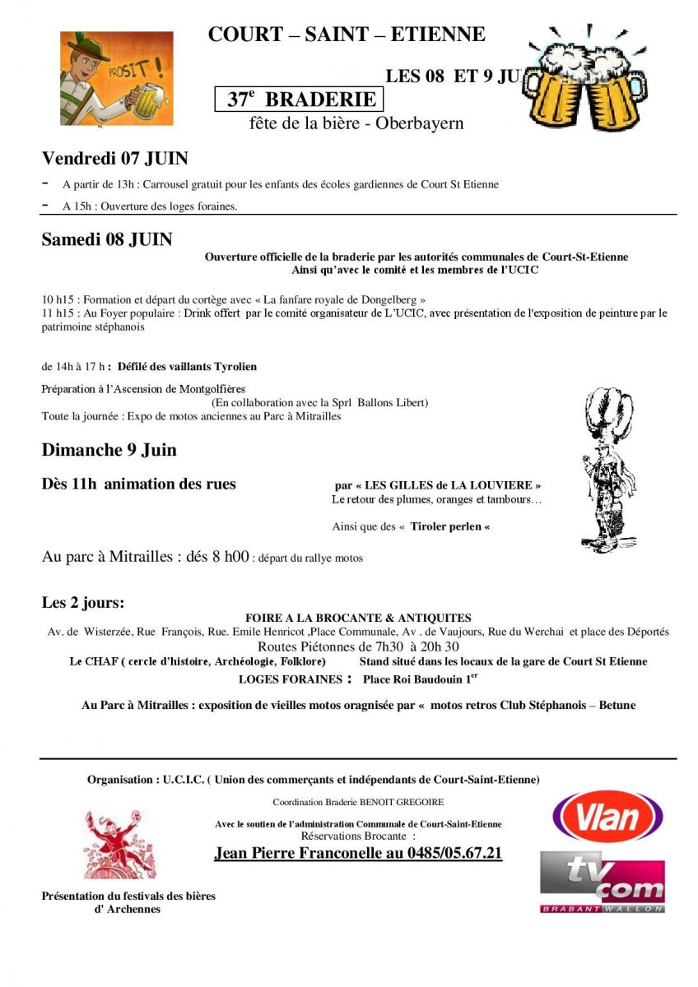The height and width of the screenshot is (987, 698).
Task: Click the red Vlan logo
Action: (607, 817)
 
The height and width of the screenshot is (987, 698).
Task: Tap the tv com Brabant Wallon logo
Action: (603, 882)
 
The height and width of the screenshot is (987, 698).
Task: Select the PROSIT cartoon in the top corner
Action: (117, 78)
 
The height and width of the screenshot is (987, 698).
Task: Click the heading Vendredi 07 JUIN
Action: (114, 158)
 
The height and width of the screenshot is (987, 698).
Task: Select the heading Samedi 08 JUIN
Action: (107, 239)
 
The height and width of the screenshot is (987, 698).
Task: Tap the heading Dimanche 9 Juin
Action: (109, 450)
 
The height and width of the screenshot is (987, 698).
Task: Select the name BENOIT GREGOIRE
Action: (403, 802)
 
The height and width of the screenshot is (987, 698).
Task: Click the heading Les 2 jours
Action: (83, 603)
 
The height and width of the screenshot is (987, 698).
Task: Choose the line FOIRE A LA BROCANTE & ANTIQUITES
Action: (358, 618)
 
